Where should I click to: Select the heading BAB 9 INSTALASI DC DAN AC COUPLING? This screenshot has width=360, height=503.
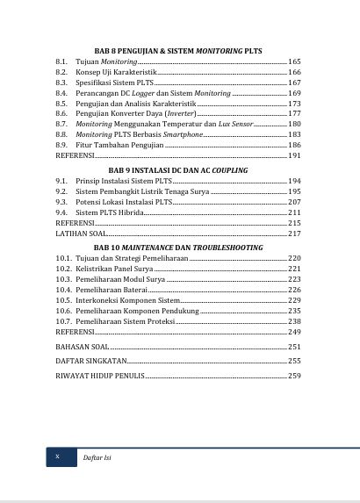point(178,169)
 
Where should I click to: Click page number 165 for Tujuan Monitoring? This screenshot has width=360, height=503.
point(294,62)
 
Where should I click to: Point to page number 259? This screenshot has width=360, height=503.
point(294,376)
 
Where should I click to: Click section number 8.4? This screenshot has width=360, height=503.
point(61,93)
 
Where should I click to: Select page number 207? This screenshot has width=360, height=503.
point(294,203)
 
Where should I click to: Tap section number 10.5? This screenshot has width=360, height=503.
point(63,300)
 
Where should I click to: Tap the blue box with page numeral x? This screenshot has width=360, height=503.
point(58,457)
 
